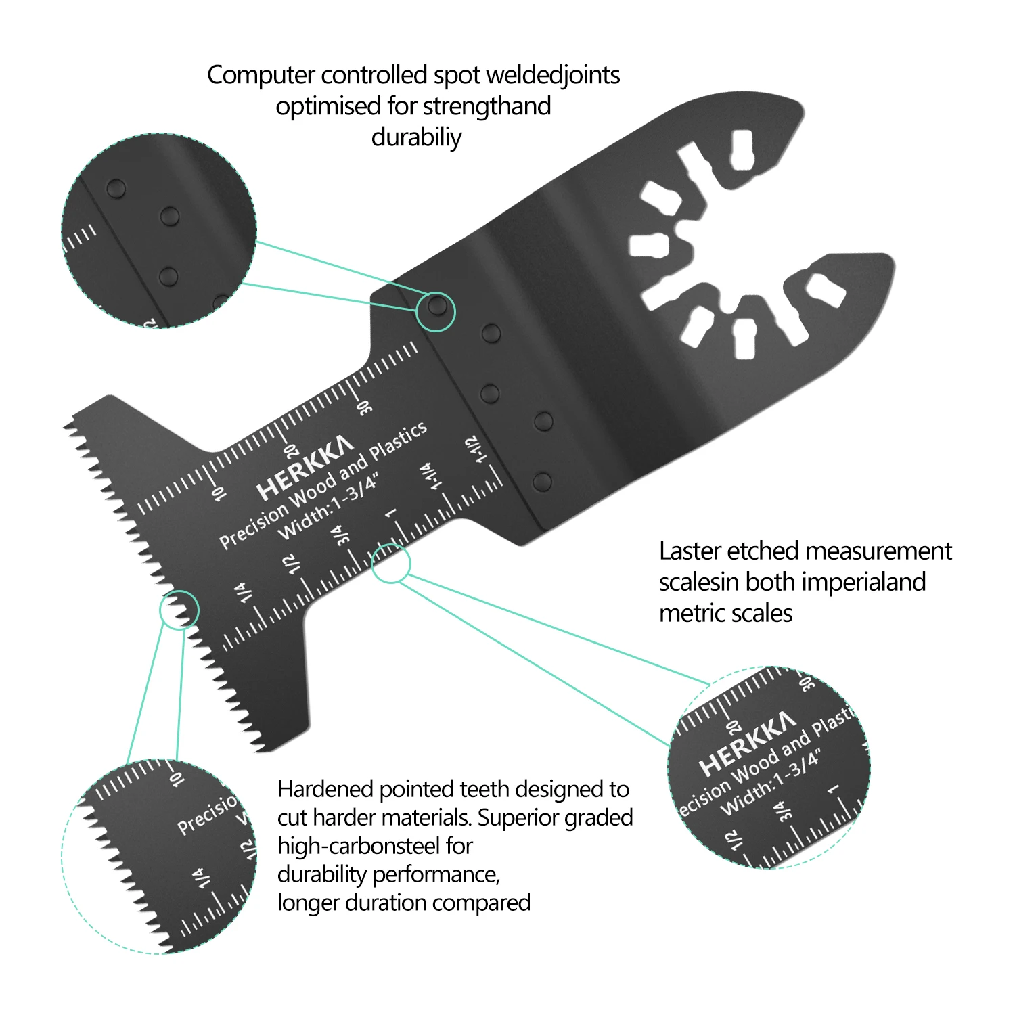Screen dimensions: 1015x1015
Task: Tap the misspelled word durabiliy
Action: point(416,137)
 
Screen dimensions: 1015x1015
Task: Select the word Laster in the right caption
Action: point(690,551)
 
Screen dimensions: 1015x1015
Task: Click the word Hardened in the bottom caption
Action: point(325,790)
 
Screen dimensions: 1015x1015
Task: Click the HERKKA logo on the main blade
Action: point(304,468)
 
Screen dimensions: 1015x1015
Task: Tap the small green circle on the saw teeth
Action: point(179,610)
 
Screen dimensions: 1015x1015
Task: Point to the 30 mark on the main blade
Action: point(365,407)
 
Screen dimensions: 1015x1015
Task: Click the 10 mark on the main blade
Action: point(218,493)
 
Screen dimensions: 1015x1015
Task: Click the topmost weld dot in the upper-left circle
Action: point(116,188)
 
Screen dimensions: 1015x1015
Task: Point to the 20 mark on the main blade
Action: point(290,451)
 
